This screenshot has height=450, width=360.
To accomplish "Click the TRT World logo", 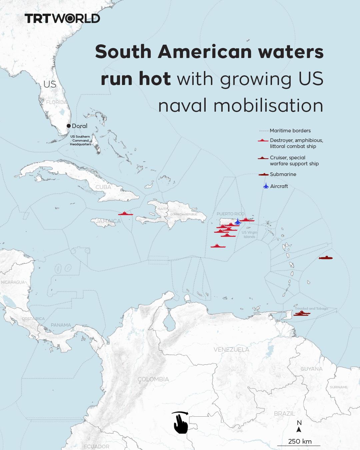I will click(x=62, y=18).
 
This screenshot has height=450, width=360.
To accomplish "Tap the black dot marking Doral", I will click(x=69, y=126).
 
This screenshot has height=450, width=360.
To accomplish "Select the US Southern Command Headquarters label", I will click(x=80, y=140).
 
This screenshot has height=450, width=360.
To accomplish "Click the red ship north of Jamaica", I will click(x=125, y=214).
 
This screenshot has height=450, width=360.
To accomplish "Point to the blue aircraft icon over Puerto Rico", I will click(x=237, y=222).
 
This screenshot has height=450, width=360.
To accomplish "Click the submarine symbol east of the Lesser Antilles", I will click(x=326, y=258).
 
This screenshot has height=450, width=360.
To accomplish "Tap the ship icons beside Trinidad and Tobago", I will click(x=302, y=313).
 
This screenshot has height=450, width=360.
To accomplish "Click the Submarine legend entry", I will click(x=283, y=174).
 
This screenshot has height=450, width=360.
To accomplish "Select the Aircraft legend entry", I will click(x=279, y=186).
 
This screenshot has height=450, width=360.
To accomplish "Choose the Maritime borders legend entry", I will click(x=290, y=131).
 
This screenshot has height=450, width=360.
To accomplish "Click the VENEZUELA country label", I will click(x=231, y=349).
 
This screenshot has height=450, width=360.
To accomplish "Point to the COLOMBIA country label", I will click(x=153, y=379).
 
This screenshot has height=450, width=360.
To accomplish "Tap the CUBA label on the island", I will click(x=103, y=187).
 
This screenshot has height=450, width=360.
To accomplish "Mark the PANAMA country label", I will click(x=61, y=325).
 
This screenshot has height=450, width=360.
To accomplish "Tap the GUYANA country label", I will click(x=312, y=369).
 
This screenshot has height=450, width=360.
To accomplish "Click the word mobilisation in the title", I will click(x=268, y=105).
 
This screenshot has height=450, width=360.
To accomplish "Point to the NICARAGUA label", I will click(x=13, y=282).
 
